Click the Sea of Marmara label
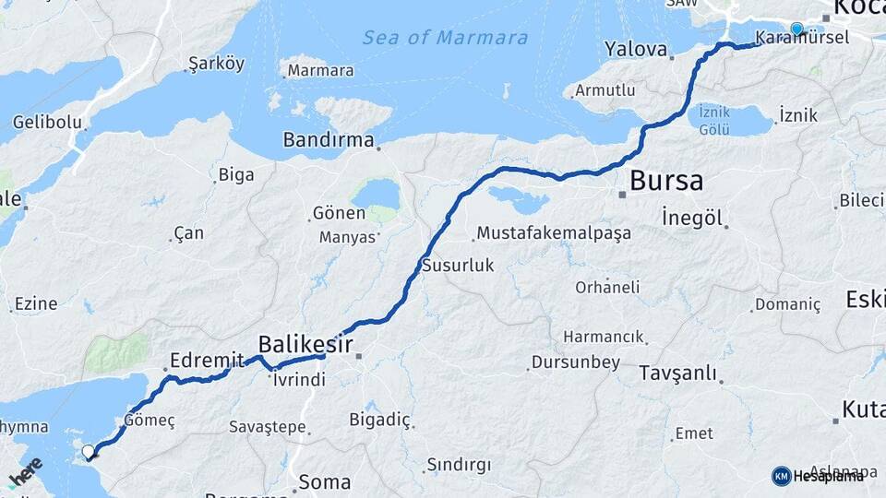click(445, 38)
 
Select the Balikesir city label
click(305, 343)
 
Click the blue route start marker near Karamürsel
click(797, 29)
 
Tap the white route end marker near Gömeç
click(89, 452)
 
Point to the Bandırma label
click(329, 141)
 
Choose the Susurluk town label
click(458, 266)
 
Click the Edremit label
click(208, 360)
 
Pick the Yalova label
click(635, 48)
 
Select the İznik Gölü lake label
click(714, 119)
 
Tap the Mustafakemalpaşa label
click(554, 232)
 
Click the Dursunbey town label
click(576, 362)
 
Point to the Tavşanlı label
click(677, 373)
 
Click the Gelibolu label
click(45, 122)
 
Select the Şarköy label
click(216, 64)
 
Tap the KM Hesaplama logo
click(817, 476)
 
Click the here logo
click(25, 472)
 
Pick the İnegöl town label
click(691, 218)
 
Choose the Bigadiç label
click(379, 420)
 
